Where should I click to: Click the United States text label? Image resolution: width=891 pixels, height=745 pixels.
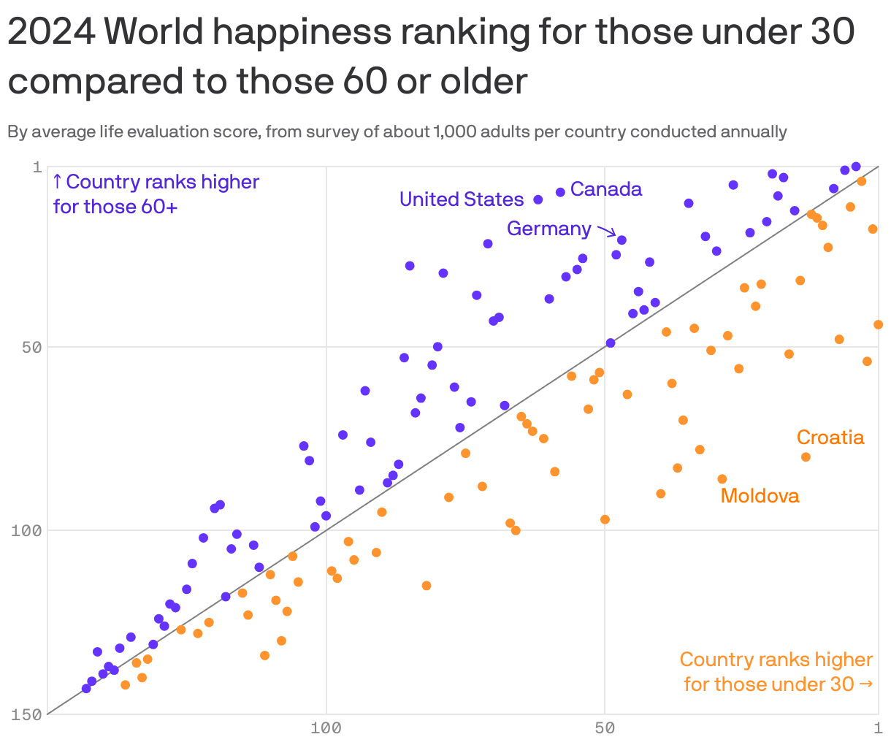point(462,199)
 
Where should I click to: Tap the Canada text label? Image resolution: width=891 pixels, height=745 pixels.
point(606,189)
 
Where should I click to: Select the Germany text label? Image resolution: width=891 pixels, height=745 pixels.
point(549,229)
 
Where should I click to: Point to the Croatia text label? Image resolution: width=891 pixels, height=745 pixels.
point(830,438)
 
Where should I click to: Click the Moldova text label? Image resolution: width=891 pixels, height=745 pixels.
point(760,496)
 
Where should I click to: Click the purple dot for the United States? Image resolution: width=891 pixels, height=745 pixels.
point(538,199)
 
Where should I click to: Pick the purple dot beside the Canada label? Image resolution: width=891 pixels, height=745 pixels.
point(560,192)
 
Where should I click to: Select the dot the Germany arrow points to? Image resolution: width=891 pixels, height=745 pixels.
point(622,240)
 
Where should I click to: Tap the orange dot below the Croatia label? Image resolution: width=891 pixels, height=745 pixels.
point(806,457)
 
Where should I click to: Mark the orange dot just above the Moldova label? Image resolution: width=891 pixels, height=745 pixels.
point(722,479)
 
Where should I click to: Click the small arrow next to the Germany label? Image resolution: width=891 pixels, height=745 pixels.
point(606,232)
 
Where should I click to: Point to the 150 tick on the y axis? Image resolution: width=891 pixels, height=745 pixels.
point(27,714)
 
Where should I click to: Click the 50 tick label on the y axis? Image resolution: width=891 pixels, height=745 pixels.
point(31,347)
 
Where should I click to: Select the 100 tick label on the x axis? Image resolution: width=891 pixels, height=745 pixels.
point(326,728)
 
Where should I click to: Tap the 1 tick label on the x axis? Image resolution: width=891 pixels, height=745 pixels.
point(879,728)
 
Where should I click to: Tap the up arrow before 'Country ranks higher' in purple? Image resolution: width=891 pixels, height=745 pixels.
point(58,182)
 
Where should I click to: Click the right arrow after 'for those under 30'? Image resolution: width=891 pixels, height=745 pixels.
point(866,684)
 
